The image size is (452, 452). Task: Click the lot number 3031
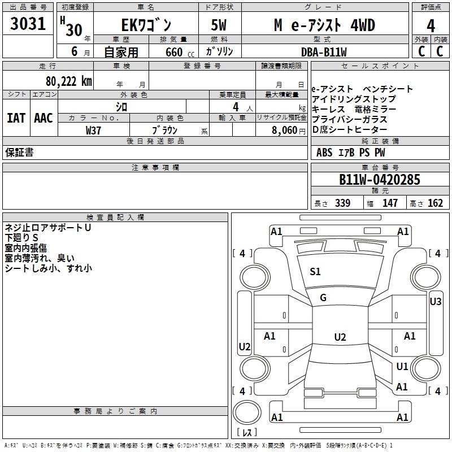point(29,24)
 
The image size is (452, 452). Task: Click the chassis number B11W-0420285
point(379,180)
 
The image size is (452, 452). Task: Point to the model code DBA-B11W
point(324,52)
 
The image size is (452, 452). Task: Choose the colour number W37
point(93,130)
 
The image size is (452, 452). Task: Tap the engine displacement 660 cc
point(174,52)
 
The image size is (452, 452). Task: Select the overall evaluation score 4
point(431,26)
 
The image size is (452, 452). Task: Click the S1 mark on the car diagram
point(315,272)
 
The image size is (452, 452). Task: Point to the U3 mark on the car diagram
point(435,302)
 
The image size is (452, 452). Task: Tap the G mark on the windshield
point(323,298)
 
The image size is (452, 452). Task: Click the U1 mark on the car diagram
point(402,367)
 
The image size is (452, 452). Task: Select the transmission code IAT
point(16,118)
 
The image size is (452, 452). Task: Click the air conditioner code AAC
point(43,118)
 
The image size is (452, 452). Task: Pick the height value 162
point(435,203)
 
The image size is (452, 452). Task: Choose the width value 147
point(390,203)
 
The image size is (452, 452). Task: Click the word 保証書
point(19,153)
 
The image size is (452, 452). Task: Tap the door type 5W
point(219,25)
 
